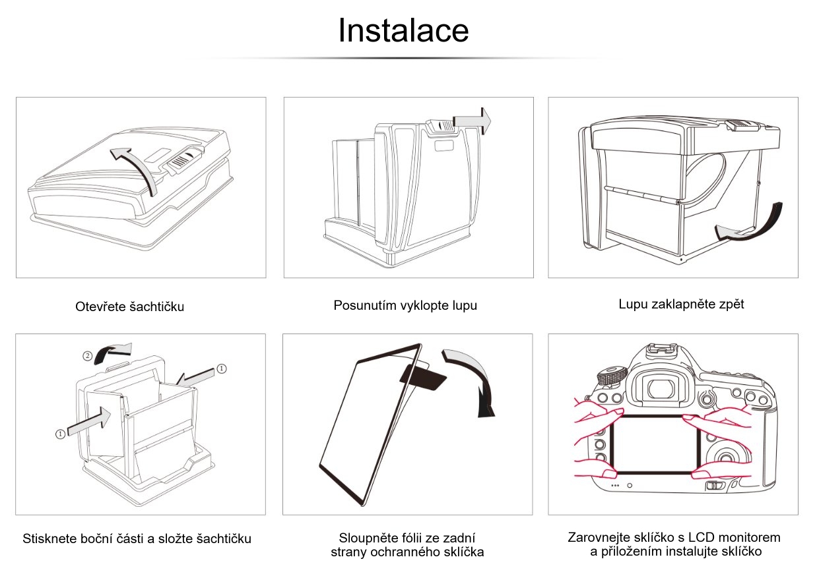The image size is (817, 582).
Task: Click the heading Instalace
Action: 403,30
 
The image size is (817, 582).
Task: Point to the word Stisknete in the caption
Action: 49,538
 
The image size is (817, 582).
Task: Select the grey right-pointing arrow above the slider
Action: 473,119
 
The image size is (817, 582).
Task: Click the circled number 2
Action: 87,356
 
